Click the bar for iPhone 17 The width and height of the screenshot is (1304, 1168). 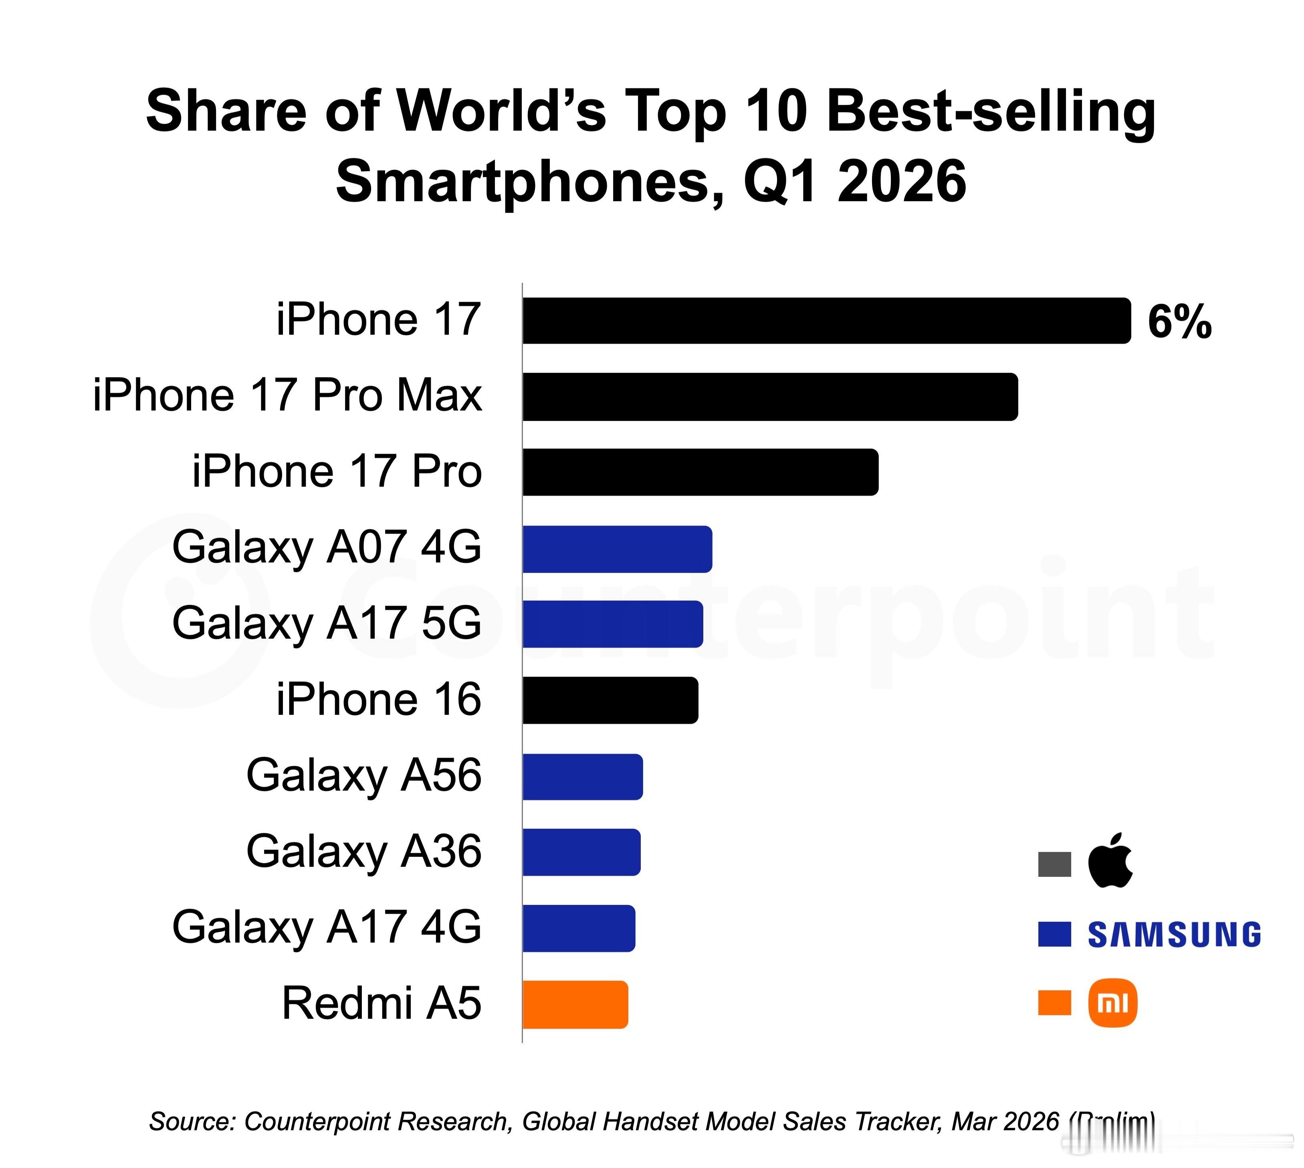(827, 321)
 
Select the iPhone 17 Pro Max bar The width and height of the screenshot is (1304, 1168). (770, 397)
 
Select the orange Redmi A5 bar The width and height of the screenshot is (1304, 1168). (575, 1004)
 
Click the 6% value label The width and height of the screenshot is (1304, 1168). (1179, 322)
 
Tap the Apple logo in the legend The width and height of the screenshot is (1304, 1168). (1110, 860)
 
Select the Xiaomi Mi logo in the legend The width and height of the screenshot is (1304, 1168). (1113, 1003)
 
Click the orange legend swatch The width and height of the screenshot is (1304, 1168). (1054, 1003)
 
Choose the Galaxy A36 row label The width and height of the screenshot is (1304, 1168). (364, 852)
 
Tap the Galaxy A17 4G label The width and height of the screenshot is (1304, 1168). (327, 927)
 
